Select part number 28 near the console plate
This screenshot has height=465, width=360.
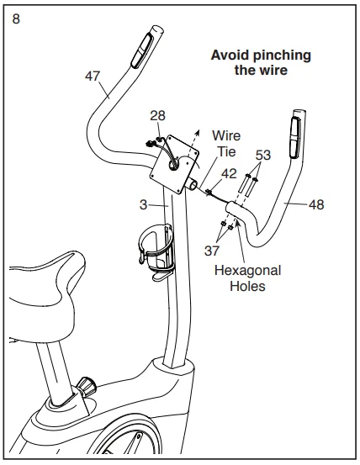pyautogui.click(x=157, y=114)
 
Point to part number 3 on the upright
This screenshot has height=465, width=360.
pyautogui.click(x=144, y=203)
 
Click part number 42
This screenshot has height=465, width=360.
pyautogui.click(x=228, y=173)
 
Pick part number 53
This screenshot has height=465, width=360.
pyautogui.click(x=262, y=156)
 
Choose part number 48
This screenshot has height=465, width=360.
pyautogui.click(x=316, y=203)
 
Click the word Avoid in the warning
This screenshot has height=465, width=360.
pyautogui.click(x=230, y=55)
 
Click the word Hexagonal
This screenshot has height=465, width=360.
pyautogui.click(x=247, y=270)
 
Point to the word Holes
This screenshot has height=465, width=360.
pyautogui.click(x=247, y=285)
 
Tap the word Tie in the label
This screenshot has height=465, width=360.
pyautogui.click(x=226, y=151)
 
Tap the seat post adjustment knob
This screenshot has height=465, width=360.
pyautogui.click(x=87, y=388)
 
